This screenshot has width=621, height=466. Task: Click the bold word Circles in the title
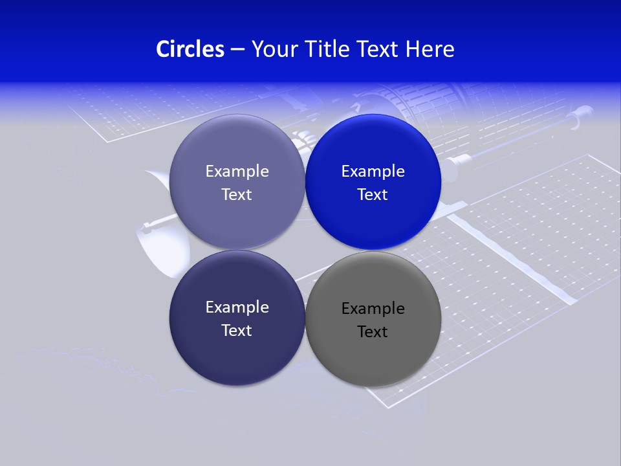[190, 49]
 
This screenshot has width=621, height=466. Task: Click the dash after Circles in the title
[237, 50]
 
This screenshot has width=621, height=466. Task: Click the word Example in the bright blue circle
[373, 172]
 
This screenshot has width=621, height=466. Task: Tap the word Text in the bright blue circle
[373, 195]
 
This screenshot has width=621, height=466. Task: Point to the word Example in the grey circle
[373, 309]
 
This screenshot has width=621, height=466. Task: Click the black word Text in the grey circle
[373, 332]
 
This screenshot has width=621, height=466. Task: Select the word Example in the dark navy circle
[237, 307]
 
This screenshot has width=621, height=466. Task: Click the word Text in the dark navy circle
[237, 331]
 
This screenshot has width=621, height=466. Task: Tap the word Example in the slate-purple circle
[237, 172]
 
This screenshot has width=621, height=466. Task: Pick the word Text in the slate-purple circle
[237, 195]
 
